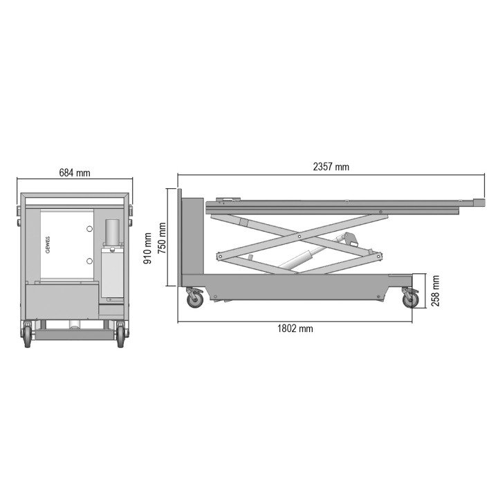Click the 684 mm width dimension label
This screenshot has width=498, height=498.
(x=74, y=173)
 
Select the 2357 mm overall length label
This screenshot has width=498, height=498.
(x=331, y=167)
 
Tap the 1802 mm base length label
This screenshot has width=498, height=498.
(x=295, y=329)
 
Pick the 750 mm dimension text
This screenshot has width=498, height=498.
(x=162, y=239)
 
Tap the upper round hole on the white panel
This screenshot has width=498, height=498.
(x=89, y=229)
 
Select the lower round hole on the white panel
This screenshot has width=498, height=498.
(x=89, y=261)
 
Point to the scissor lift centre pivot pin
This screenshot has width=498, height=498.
(x=298, y=237)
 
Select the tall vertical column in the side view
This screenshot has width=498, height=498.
(x=191, y=239)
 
